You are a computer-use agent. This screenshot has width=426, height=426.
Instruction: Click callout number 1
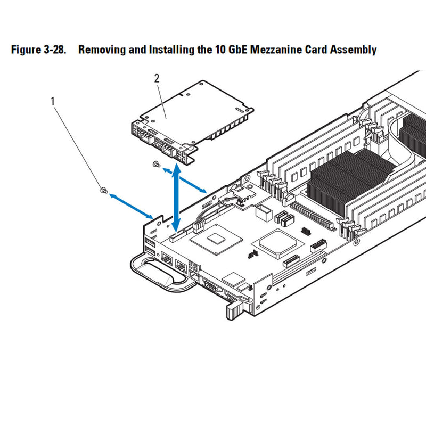[x=52, y=100]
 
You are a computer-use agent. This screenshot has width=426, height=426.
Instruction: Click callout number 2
[x=157, y=79]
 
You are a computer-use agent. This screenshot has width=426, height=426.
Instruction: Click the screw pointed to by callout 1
[x=103, y=190]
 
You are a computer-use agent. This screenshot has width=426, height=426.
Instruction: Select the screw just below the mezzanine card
[x=155, y=165]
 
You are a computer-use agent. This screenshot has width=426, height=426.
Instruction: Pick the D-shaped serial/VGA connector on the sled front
[x=209, y=288]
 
